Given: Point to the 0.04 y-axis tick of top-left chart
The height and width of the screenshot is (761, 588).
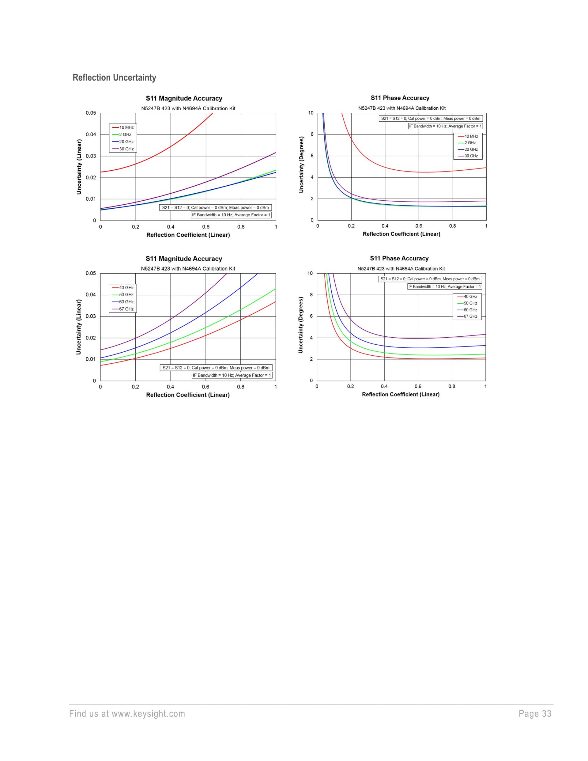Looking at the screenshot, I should point(91,134).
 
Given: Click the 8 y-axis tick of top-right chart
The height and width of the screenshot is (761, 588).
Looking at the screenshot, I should point(312,134).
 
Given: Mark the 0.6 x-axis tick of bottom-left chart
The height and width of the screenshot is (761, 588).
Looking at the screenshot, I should point(205,387).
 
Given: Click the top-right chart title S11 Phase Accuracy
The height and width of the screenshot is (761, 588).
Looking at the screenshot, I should point(400,98).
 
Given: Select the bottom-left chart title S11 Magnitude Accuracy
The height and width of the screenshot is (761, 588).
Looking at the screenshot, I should point(183,259).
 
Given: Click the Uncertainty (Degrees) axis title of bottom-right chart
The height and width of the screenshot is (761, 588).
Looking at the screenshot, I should point(301,325).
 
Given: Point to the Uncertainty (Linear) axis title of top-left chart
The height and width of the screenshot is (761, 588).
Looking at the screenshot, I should point(79,167).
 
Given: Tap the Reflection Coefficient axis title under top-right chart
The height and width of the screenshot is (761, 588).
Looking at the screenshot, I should point(401,234).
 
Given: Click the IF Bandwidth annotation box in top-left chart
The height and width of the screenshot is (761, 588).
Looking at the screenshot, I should point(231,215).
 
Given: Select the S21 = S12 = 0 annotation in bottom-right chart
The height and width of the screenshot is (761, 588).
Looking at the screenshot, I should point(430,279).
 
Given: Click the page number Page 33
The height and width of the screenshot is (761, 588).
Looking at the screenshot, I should point(535,714).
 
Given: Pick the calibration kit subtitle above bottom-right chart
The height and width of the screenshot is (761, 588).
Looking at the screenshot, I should point(401,269).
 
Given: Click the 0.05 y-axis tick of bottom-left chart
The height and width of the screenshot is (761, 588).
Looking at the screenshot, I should point(91,273).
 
